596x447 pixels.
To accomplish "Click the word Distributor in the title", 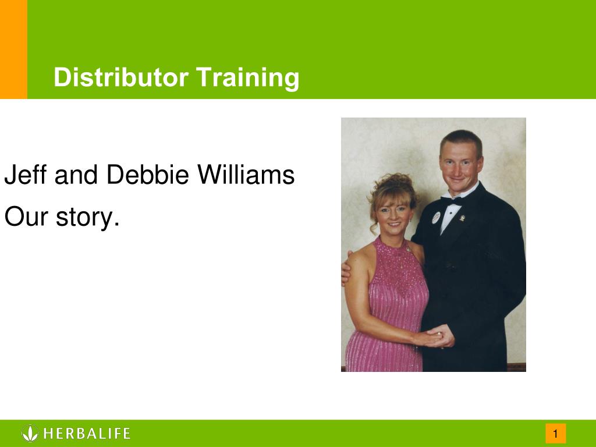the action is coord(121,77).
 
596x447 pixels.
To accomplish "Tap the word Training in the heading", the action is coord(247,79).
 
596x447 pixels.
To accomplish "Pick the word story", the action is coord(87,218).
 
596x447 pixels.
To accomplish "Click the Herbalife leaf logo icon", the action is coord(30,433).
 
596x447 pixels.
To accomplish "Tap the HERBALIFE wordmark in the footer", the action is coord(87,433).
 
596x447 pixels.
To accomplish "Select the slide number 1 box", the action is coord(556,433).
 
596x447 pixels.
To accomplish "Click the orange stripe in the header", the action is coord(14,49).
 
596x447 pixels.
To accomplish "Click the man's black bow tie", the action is coord(452,200).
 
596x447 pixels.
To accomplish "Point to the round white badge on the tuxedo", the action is coord(436,218).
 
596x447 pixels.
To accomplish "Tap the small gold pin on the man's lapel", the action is coord(462,218).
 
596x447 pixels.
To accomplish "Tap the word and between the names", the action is coord(76,175).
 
